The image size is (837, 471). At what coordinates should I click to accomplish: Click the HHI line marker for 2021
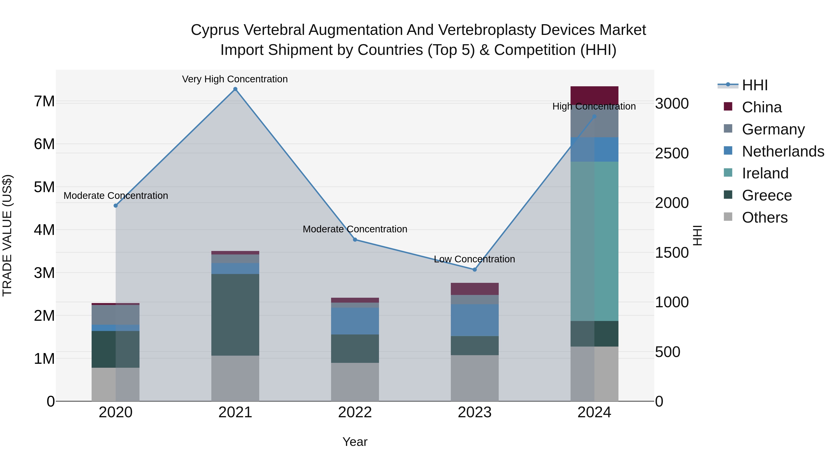235,89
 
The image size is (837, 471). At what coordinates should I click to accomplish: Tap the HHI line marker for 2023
474,270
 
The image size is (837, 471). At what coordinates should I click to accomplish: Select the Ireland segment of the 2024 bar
594,241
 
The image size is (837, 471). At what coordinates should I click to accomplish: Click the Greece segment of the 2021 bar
235,315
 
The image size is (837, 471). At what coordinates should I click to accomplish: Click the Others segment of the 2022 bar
355,382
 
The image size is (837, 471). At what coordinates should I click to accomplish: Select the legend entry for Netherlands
783,151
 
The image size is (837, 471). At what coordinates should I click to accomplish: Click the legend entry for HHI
754,85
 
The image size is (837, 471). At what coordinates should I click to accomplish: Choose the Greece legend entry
767,195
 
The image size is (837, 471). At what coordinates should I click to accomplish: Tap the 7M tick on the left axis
44,101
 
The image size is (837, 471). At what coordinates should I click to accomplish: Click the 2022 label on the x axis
355,412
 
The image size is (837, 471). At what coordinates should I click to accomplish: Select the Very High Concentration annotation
235,79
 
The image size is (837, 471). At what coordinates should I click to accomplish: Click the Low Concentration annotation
474,259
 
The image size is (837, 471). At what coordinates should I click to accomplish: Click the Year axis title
355,442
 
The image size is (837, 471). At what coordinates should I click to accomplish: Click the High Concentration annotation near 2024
594,106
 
